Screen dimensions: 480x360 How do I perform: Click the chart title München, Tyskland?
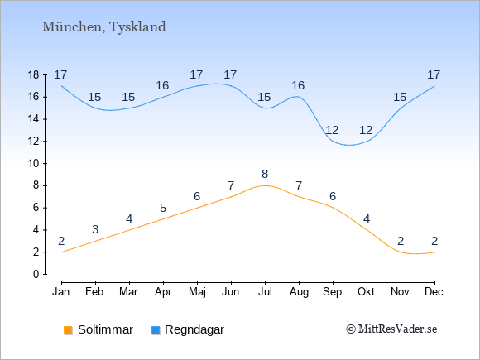click(104, 27)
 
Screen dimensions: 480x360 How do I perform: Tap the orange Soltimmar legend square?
click(68, 330)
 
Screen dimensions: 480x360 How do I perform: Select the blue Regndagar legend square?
click(156, 330)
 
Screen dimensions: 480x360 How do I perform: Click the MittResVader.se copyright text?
click(391, 329)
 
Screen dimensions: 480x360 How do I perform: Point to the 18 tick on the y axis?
click(33, 74)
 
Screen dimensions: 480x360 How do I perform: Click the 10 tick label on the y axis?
click(33, 164)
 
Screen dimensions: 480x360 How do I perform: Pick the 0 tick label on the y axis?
click(36, 274)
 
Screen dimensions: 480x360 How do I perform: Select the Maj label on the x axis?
click(197, 292)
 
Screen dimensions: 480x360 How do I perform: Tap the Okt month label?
click(366, 292)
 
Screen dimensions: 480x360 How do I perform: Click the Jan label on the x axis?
click(61, 292)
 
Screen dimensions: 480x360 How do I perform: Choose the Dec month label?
click(434, 292)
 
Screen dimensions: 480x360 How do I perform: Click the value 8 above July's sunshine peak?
click(265, 174)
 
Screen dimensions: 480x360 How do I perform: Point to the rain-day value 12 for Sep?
click(332, 131)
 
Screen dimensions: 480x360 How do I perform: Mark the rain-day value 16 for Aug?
click(298, 86)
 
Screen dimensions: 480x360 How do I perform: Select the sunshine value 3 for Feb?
click(95, 229)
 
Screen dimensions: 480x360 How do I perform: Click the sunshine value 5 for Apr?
click(163, 209)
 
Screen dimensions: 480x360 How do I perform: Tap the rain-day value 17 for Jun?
click(230, 74)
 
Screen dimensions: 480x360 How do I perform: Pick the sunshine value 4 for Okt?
click(367, 218)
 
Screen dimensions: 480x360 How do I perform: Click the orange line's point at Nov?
click(401, 252)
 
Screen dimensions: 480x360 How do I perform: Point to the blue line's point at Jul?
click(265, 108)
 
